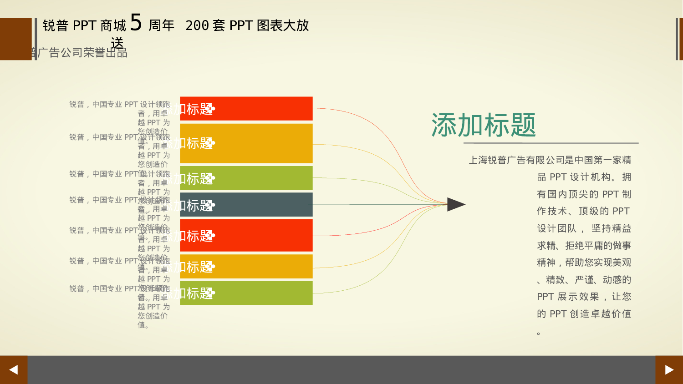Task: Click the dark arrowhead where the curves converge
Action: [455, 204]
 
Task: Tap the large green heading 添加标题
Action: [484, 125]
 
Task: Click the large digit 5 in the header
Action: [136, 22]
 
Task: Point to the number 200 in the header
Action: [197, 25]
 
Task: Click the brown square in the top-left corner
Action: [15, 39]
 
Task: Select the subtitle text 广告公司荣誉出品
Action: [82, 53]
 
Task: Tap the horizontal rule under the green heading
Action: [551, 143]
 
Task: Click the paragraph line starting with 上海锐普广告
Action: [550, 160]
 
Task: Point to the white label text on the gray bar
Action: [193, 206]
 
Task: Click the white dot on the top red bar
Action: [213, 109]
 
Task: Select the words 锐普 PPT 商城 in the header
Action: [84, 25]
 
